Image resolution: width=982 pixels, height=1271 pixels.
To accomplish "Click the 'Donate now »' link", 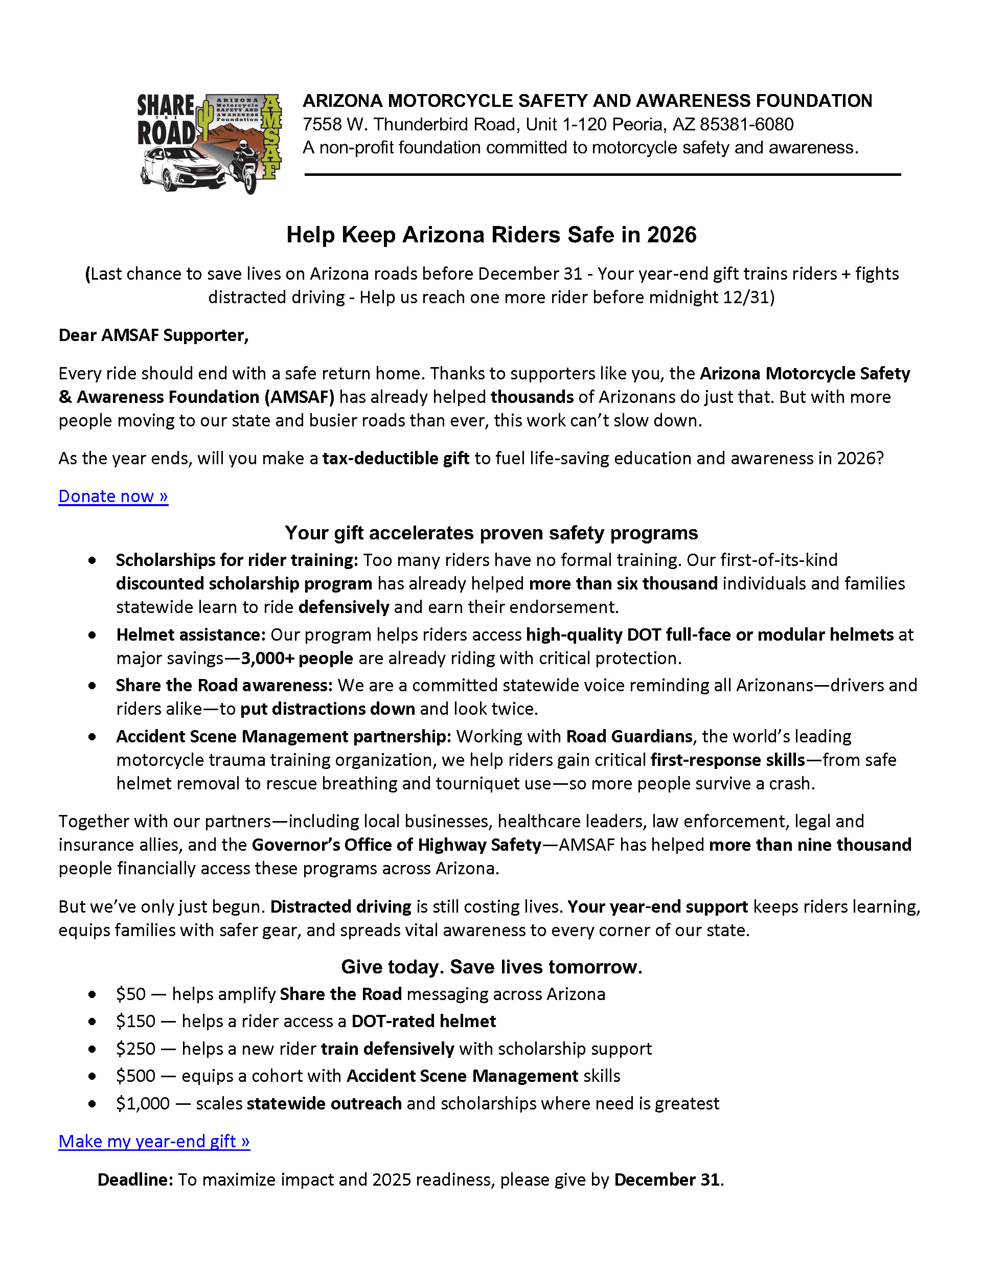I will [x=113, y=496].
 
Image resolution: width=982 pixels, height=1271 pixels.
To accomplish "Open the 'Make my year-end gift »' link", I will [x=154, y=1141].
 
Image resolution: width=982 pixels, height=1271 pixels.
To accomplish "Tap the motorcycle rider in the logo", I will [x=245, y=166].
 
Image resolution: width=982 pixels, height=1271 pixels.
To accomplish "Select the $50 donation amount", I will [x=130, y=994].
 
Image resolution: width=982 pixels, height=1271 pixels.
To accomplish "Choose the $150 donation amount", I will [x=135, y=1022].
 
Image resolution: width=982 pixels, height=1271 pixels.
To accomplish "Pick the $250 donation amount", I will [x=135, y=1049].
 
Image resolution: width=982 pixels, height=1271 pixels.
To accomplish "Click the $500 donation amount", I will [x=135, y=1076].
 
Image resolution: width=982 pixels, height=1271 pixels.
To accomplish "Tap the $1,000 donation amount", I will [x=143, y=1103].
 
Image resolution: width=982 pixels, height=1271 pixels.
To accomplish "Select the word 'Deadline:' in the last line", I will [x=135, y=1179].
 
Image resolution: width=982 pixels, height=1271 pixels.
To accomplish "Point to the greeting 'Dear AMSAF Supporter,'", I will [x=153, y=335].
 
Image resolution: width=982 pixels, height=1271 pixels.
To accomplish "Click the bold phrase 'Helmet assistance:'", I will [x=191, y=634].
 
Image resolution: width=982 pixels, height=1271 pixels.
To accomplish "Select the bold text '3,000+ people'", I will [x=298, y=658].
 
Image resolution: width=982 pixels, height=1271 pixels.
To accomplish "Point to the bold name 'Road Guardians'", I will [x=629, y=736].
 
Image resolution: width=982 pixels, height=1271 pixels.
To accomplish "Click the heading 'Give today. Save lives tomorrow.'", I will [x=492, y=967].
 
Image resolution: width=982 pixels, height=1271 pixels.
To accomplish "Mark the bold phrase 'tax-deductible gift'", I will [x=396, y=459].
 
